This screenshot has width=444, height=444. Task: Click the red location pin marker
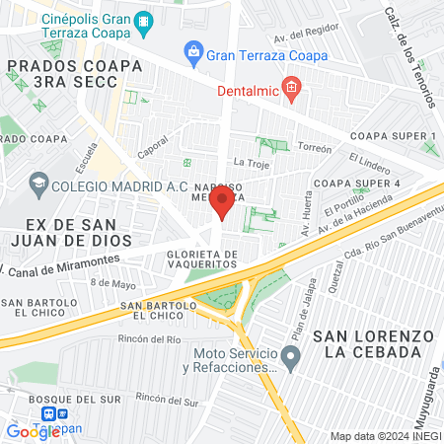pos(223,203)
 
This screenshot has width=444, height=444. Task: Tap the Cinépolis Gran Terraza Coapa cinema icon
pos(144,20)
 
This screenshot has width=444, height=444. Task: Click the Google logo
pos(33,431)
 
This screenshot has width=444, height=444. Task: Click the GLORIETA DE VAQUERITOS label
pos(196,259)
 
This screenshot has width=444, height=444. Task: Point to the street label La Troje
pos(251,162)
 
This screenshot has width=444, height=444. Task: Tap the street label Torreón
pos(315,148)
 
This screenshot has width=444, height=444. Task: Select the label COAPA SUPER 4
pos(357,184)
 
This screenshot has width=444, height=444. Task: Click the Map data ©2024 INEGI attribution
pos(385,436)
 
